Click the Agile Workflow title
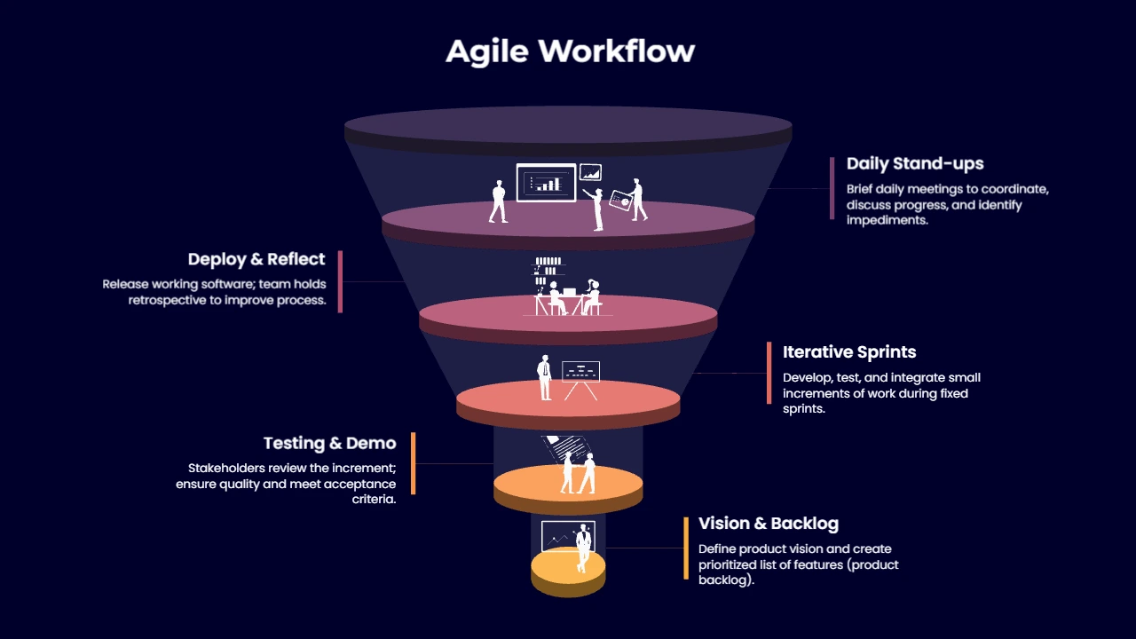[x=570, y=51]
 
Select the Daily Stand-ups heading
[x=915, y=163]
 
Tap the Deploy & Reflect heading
[x=256, y=259]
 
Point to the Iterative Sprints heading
[x=849, y=352]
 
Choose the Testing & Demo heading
[x=329, y=443]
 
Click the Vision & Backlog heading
[x=769, y=524]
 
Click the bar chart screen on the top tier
[x=546, y=183]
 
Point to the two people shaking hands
[x=578, y=473]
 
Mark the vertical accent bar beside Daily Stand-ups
[x=832, y=188]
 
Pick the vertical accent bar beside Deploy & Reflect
[x=340, y=281]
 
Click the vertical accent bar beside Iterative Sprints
[x=769, y=373]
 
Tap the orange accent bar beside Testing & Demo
[x=413, y=463]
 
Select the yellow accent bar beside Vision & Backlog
[x=686, y=548]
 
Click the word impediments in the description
[x=887, y=220]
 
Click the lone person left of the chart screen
[x=498, y=201]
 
